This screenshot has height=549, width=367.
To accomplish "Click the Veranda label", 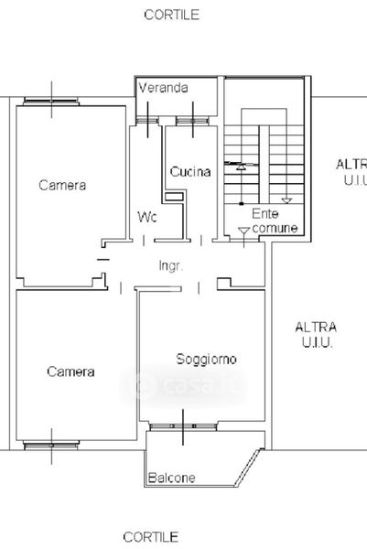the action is (163, 88).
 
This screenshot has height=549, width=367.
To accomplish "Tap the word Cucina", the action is (190, 172).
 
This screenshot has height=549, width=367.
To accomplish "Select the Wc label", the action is (147, 217).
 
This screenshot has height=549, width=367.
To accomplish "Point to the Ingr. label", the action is (171, 265).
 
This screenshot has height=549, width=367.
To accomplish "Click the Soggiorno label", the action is (206, 359).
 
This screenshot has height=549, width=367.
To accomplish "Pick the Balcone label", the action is (171, 478).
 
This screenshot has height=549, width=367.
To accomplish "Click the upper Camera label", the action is (62, 185).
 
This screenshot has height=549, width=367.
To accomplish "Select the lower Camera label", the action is (70, 371).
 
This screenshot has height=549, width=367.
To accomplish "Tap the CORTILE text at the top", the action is (171, 15).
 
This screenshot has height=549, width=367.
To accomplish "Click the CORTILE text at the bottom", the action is (151, 537).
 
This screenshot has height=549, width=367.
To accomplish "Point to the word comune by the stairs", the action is (275, 228).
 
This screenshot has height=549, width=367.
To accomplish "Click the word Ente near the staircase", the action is (265, 213).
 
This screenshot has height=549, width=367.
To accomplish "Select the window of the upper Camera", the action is (51, 102).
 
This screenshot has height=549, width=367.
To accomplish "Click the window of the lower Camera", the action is (51, 446).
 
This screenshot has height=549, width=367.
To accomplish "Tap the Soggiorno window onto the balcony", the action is (183, 426).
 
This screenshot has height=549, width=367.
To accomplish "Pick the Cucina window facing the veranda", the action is (192, 121).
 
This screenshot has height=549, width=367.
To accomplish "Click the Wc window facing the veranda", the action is (147, 121).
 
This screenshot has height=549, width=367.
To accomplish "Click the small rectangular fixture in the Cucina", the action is (174, 197).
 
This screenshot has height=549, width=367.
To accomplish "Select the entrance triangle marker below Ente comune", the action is (243, 231).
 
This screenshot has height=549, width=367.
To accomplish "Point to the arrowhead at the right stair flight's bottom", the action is (286, 201).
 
